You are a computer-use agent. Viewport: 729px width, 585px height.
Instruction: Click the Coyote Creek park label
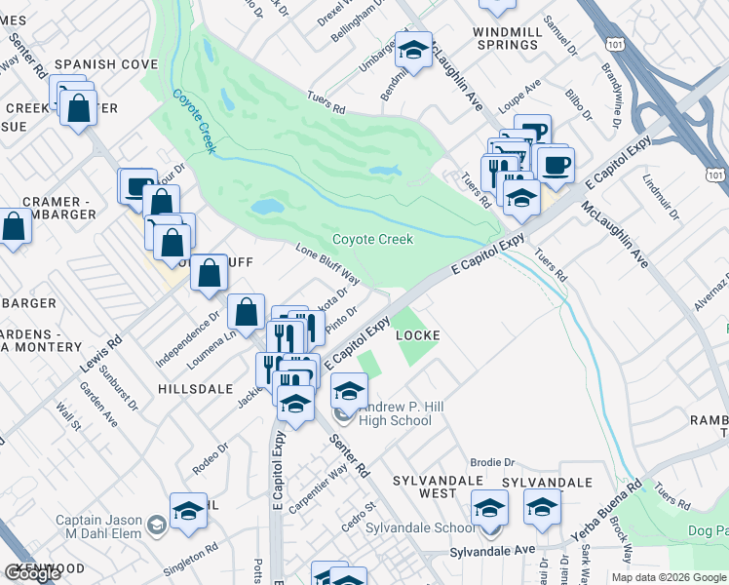(372, 239)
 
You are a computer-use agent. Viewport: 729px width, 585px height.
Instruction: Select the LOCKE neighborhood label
(419, 335)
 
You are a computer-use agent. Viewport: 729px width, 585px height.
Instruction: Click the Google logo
(32, 573)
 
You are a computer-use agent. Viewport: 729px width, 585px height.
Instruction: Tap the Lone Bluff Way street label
(327, 264)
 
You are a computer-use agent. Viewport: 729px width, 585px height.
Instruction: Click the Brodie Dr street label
(491, 462)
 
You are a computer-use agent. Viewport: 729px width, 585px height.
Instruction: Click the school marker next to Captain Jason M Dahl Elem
(188, 511)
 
